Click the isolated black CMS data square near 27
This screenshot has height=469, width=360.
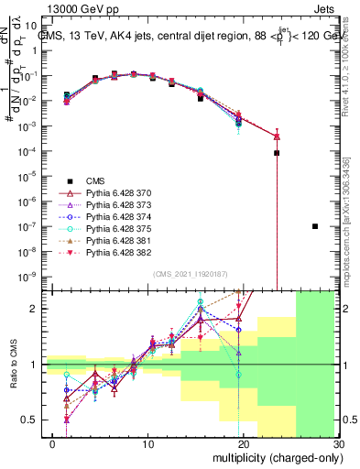(x=315, y=226)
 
